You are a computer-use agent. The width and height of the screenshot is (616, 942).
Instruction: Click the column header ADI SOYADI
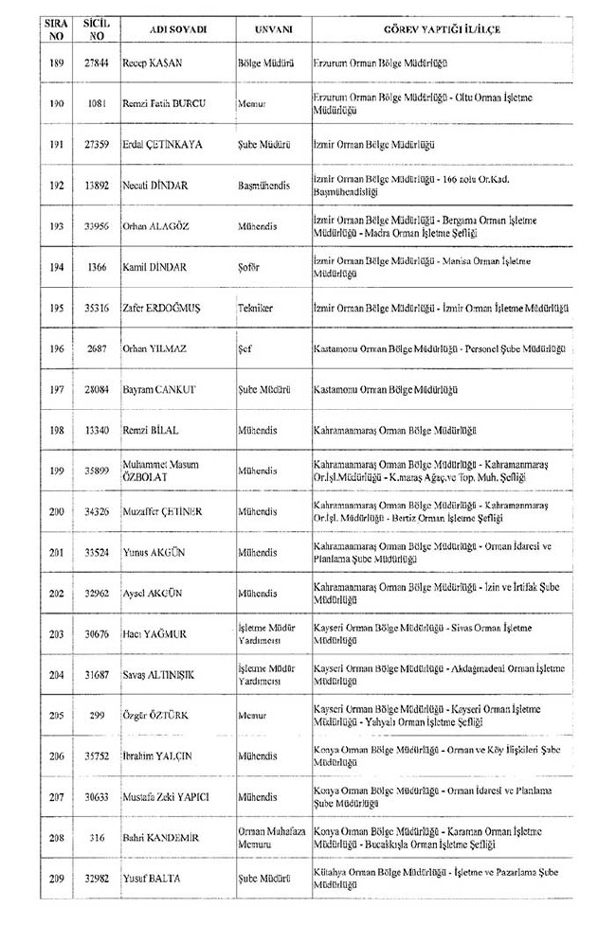pyautogui.click(x=178, y=29)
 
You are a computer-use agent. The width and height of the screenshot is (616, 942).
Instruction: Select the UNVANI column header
pyautogui.click(x=272, y=29)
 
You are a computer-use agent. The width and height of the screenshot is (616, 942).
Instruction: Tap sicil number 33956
pyautogui.click(x=97, y=227)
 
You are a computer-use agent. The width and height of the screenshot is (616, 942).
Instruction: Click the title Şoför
pyautogui.click(x=250, y=268)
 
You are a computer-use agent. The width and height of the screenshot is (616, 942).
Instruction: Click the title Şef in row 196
pyautogui.click(x=245, y=349)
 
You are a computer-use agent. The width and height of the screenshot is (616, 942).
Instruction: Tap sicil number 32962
pyautogui.click(x=97, y=594)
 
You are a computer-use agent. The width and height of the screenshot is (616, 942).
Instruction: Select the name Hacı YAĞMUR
pyautogui.click(x=153, y=634)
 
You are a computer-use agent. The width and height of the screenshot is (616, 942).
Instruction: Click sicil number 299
pyautogui.click(x=97, y=716)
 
